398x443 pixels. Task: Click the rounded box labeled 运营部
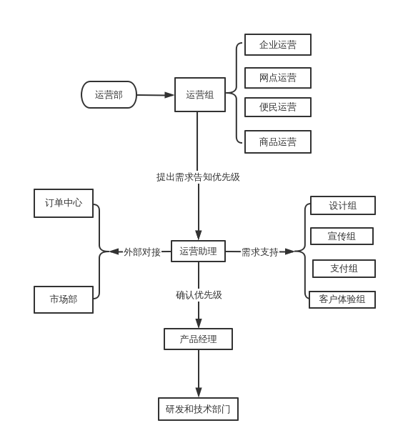[x=109, y=94]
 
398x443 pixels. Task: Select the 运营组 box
[x=200, y=94]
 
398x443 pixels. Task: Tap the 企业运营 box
[x=278, y=44]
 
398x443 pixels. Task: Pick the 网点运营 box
[x=278, y=78]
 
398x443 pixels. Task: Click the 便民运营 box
[x=278, y=107]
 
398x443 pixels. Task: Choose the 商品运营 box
[x=278, y=141]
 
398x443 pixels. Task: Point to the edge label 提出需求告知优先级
[x=198, y=177]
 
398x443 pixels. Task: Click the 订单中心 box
[x=64, y=203]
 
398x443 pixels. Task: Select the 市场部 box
[x=64, y=299]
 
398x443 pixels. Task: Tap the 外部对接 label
[x=141, y=252]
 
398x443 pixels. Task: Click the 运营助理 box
[x=198, y=251]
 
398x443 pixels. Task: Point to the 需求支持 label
[x=259, y=252]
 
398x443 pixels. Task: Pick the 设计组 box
[x=343, y=205]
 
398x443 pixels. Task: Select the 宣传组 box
[x=342, y=236]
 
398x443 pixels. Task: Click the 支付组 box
[x=344, y=269]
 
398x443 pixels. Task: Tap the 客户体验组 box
[x=342, y=299]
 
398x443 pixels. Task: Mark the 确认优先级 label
[x=199, y=294]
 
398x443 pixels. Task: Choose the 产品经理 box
[x=198, y=339]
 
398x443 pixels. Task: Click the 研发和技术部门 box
[x=198, y=409]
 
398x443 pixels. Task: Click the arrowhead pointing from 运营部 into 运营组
[x=169, y=95]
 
